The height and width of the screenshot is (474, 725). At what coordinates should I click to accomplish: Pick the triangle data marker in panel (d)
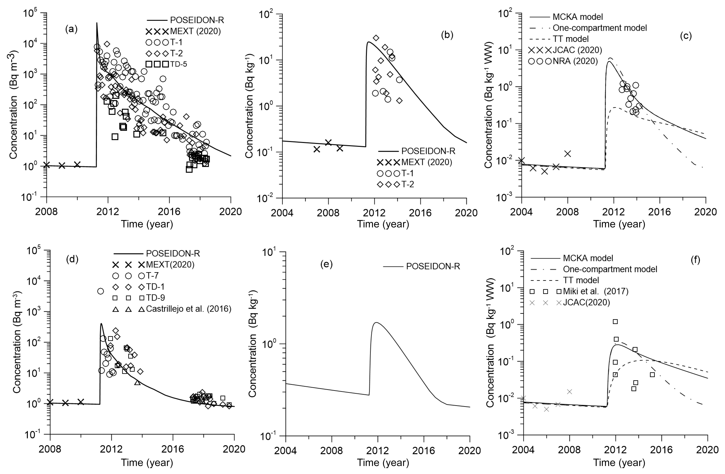137,382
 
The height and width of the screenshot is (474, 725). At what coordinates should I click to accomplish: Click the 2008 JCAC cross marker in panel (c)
567,154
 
